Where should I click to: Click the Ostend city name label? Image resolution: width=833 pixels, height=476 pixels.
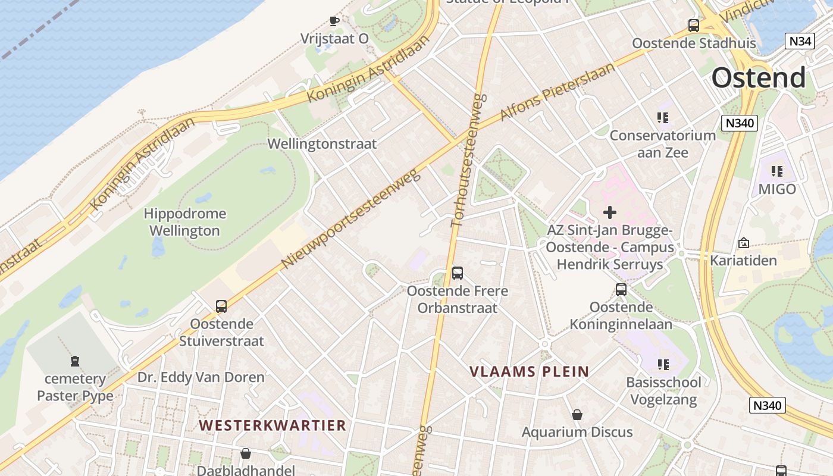click(759, 78)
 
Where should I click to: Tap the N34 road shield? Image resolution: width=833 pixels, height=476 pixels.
click(800, 41)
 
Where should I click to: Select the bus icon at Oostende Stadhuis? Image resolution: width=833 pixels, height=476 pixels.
click(694, 26)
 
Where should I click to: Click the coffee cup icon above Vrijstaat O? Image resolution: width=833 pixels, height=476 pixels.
click(334, 21)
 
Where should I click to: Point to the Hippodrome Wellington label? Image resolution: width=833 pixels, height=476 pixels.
click(184, 222)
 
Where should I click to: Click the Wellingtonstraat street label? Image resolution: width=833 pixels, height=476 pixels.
click(322, 143)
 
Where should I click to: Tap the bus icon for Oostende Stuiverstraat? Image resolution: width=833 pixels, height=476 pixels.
click(221, 306)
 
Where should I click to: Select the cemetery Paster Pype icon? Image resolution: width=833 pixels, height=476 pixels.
click(75, 361)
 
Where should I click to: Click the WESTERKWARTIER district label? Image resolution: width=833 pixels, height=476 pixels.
click(273, 425)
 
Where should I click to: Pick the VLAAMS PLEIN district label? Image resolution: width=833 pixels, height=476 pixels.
click(530, 372)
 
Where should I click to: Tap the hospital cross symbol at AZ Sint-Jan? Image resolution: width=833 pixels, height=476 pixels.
click(610, 212)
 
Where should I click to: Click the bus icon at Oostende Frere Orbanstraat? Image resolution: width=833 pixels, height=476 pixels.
click(458, 273)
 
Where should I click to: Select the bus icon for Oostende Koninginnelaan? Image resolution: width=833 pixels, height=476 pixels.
click(621, 290)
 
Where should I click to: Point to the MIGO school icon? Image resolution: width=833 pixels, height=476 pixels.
click(776, 171)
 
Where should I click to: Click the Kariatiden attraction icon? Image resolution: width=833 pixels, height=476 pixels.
click(743, 243)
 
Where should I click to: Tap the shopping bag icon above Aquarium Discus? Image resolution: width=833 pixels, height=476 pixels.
click(577, 415)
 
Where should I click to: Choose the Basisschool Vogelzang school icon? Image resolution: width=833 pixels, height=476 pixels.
click(663, 364)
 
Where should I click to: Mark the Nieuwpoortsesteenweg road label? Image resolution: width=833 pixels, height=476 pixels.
click(350, 218)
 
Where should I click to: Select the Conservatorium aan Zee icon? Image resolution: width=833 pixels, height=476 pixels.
click(662, 118)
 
